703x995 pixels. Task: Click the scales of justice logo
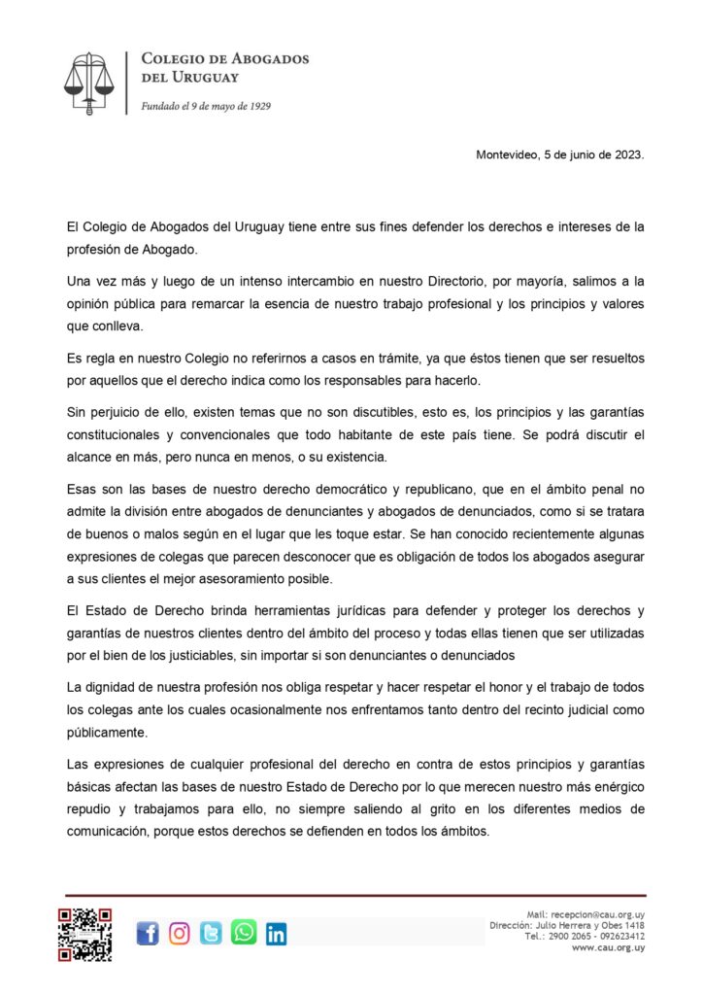(88, 82)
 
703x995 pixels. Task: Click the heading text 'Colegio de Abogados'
(225, 59)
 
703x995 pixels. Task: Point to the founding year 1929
(257, 106)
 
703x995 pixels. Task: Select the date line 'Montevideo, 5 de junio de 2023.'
(560, 154)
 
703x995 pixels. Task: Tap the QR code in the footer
(84, 934)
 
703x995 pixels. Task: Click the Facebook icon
(148, 934)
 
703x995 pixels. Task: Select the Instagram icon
(180, 934)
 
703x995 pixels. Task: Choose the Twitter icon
(211, 934)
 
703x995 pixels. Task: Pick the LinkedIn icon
(276, 934)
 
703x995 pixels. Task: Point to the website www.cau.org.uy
(609, 947)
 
